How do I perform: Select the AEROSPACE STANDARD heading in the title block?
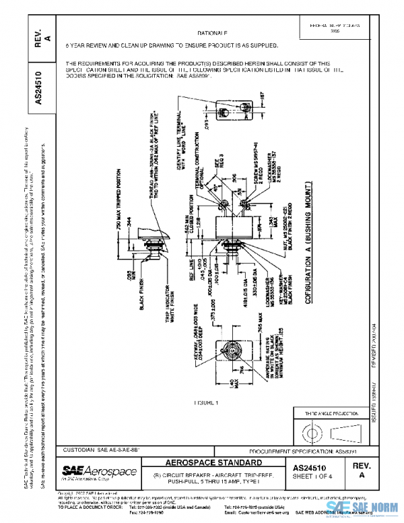(213, 463)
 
